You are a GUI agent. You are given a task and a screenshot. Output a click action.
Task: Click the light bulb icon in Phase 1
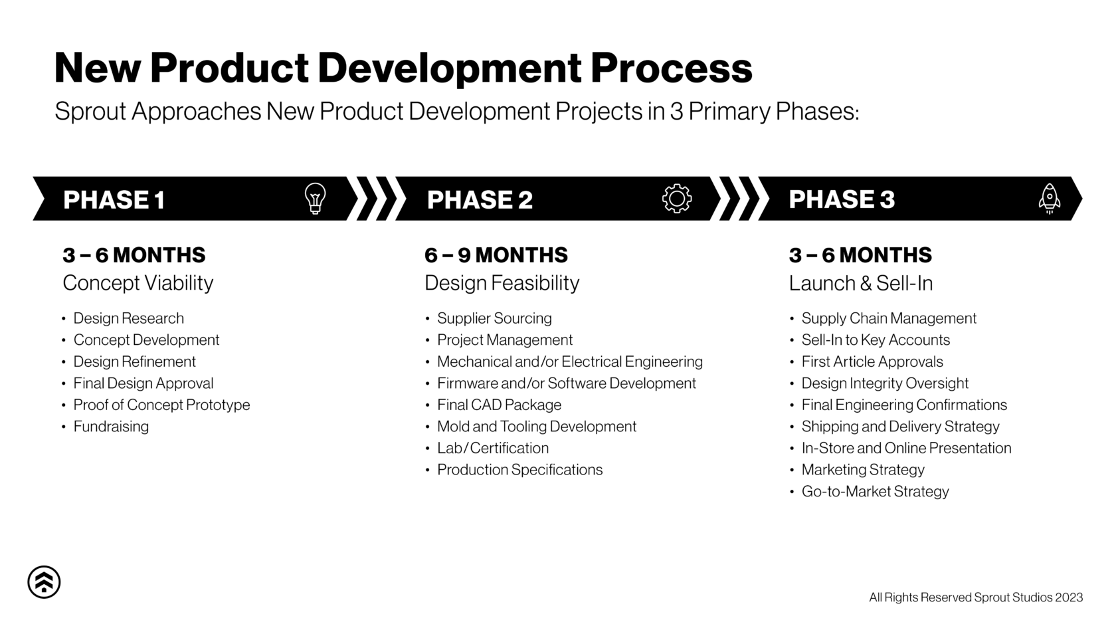[315, 198]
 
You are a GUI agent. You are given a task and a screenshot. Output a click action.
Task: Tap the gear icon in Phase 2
[676, 198]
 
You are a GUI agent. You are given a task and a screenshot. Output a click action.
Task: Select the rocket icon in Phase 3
[1049, 198]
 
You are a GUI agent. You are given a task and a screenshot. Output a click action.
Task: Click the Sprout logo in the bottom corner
[44, 582]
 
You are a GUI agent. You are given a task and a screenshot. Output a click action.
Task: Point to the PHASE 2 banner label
[480, 199]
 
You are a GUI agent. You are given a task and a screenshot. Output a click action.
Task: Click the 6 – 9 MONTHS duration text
[496, 255]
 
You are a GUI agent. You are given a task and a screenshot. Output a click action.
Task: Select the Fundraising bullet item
[111, 427]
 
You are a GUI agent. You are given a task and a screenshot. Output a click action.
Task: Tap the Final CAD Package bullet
[499, 405]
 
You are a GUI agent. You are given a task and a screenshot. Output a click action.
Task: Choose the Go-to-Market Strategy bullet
[875, 491]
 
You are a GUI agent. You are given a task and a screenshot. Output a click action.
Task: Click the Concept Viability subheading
[138, 283]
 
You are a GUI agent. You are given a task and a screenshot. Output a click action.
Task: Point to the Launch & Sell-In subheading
[860, 283]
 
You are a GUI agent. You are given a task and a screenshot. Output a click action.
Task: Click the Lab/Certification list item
[492, 448]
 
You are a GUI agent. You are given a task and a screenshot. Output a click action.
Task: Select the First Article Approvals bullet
[872, 362]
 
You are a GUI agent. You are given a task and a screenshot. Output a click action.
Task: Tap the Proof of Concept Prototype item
[161, 405]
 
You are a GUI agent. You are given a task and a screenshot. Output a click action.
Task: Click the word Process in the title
[671, 68]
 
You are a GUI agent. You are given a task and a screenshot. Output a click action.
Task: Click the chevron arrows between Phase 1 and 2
[377, 198]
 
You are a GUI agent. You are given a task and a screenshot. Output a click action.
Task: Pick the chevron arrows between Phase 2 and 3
[739, 198]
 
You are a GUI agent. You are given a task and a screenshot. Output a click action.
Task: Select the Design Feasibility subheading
[502, 283]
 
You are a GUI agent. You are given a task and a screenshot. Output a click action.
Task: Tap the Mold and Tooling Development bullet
[536, 427]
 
